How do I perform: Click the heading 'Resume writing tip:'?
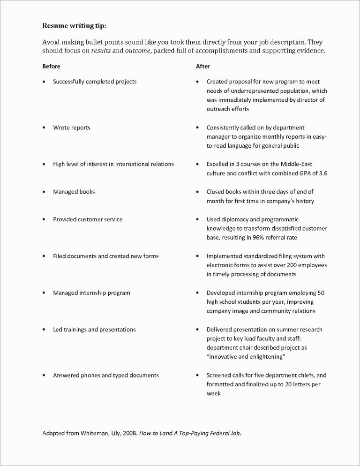coord(77,25)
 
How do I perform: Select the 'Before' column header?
coord(51,67)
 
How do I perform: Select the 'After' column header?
coord(202,67)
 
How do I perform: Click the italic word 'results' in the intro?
coord(100,51)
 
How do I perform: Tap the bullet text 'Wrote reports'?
coord(72,128)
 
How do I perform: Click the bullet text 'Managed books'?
coord(74,192)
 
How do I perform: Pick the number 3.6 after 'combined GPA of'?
coord(322,173)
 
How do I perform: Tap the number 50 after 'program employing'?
coord(321,293)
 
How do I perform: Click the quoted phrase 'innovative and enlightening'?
coord(246,357)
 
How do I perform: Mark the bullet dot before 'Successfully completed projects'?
coord(44,82)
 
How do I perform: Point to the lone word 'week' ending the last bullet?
coord(213,394)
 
